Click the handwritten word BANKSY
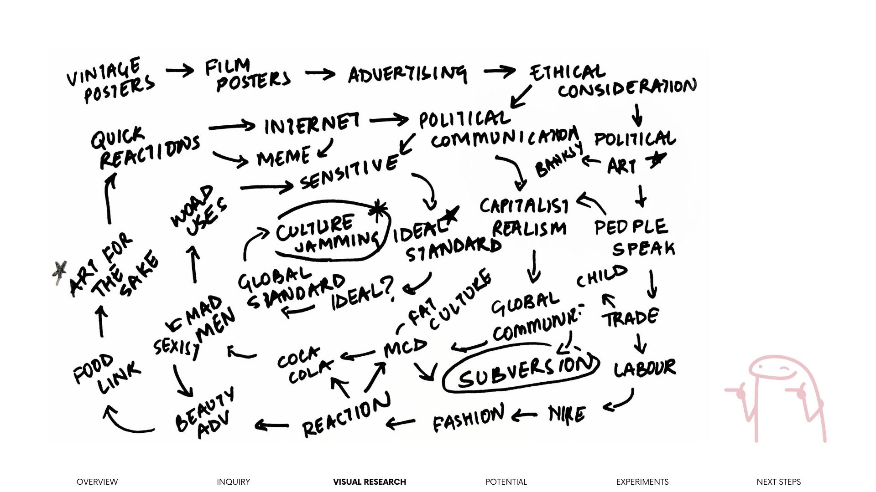[559, 159]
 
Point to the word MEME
[283, 158]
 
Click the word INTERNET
[312, 123]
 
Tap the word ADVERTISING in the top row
[407, 74]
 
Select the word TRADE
[631, 318]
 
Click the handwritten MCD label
[405, 348]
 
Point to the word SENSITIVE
[349, 173]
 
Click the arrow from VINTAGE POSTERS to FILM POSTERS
[180, 71]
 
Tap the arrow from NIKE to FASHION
[524, 415]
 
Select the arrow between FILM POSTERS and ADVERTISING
[320, 74]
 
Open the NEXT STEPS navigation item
[778, 482]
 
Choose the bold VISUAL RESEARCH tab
[369, 482]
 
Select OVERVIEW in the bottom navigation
[97, 482]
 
